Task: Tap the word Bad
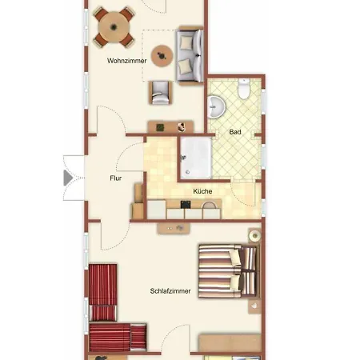tap(235, 132)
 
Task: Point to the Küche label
tap(202, 191)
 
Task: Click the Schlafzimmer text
tap(170, 291)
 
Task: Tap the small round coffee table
tap(163, 55)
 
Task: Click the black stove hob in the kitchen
tap(186, 206)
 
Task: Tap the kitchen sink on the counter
tap(209, 206)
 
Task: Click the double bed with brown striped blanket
tap(228, 270)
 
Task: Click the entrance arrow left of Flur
tap(68, 178)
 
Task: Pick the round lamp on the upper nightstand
tap(254, 236)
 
